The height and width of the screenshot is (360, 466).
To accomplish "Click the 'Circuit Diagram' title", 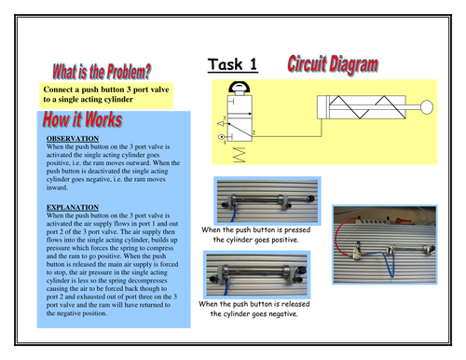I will click(x=333, y=64).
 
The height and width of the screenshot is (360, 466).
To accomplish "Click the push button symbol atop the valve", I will click(x=237, y=90).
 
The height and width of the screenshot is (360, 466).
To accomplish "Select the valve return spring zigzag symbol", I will click(x=238, y=156).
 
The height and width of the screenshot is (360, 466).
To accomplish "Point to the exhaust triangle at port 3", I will click(x=222, y=120).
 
